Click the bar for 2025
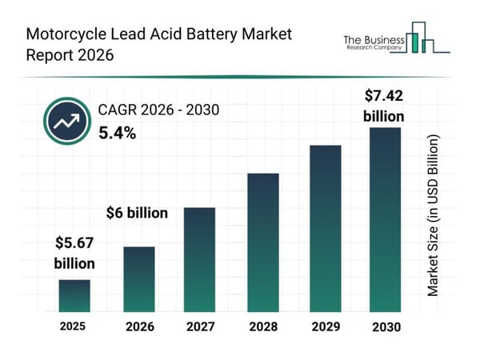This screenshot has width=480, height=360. coord(74,295)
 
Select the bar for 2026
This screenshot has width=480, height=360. coord(138,278)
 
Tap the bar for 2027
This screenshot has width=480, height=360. coord(201,259)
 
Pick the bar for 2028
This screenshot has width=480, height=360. coord(262,242)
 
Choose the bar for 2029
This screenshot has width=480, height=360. coord(326,228)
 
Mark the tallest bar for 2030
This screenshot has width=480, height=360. coord(384,219)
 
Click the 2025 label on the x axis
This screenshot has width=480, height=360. coord(73,326)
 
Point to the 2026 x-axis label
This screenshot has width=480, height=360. coord(138,327)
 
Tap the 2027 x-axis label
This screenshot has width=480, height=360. coord(201,327)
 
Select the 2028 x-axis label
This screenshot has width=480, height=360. coord(262,327)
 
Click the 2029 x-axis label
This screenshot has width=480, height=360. coord(326,327)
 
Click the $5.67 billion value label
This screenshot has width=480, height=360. coord(74,253)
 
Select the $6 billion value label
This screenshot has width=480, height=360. coord(137,213)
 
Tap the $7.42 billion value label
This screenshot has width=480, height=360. coord(384,106)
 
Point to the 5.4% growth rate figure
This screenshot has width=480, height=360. coord(118,134)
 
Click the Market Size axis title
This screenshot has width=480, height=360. coord(433,216)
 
